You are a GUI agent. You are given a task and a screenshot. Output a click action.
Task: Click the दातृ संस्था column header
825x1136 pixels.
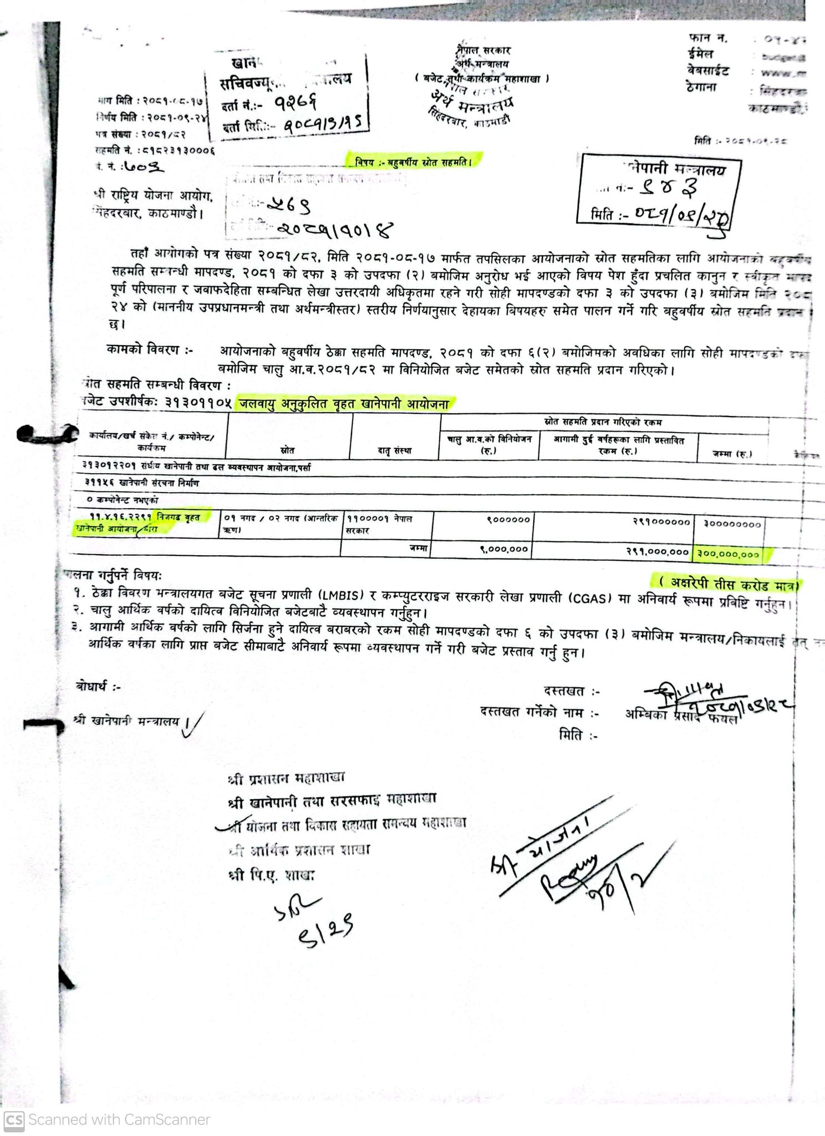coord(394,451)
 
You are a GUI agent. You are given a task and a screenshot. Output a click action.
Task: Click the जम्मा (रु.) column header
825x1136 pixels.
coord(732,454)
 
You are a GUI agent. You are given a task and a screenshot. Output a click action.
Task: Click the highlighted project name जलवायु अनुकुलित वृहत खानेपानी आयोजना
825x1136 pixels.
coord(344,404)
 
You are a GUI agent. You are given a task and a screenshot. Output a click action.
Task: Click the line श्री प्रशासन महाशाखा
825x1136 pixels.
coord(286,778)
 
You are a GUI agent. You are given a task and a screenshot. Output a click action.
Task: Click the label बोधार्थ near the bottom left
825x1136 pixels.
coord(98,687)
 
